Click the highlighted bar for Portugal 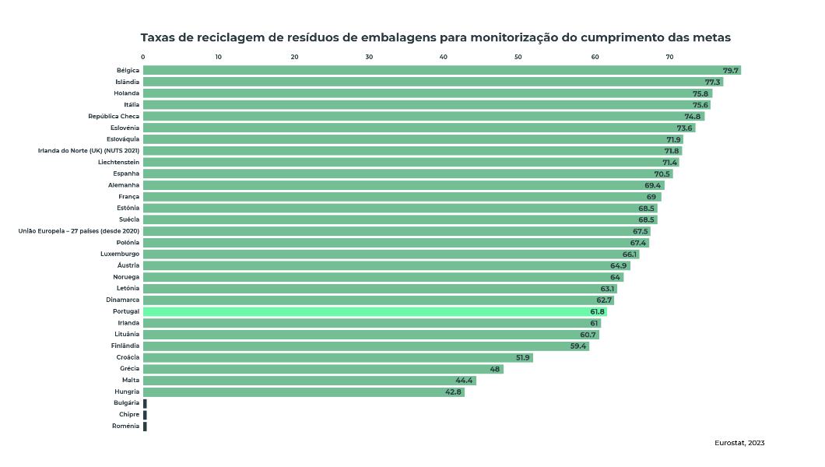tap(366, 311)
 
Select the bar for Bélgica tap(436, 70)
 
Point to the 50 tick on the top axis tap(518, 57)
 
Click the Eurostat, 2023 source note tap(739, 443)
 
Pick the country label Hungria tap(127, 392)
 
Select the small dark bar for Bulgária tap(145, 403)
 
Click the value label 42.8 tap(454, 392)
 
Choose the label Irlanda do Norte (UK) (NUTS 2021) tap(89, 150)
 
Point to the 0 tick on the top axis tap(143, 57)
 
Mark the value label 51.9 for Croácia tap(523, 357)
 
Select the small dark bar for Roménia tap(145, 426)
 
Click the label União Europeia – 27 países tap(79, 231)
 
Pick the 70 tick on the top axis tap(669, 57)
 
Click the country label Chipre tap(129, 414)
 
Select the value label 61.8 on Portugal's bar tap(597, 311)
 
